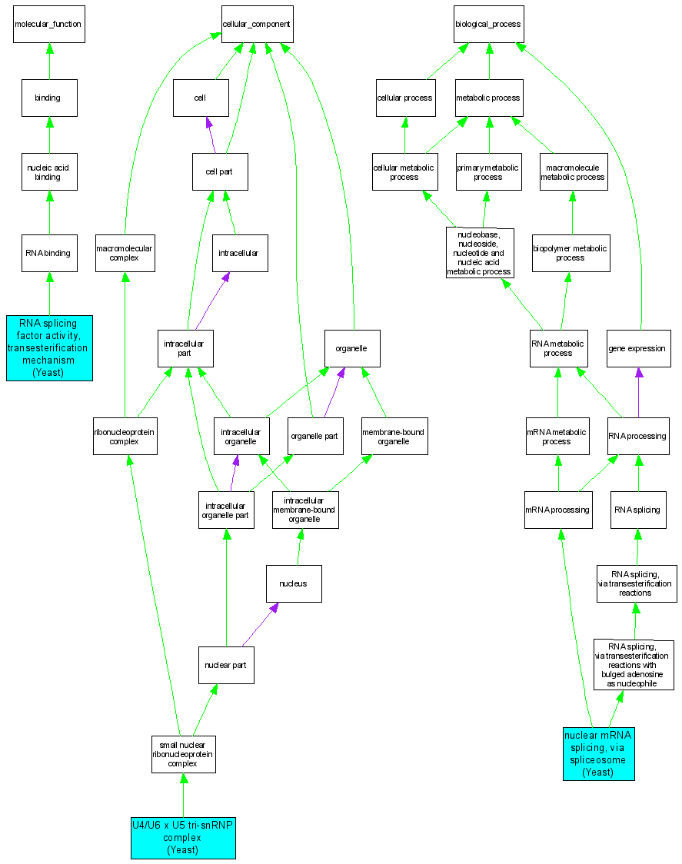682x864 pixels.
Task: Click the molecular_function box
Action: tap(48, 24)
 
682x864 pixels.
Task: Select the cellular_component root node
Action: tap(256, 24)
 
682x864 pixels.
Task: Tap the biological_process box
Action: tap(487, 24)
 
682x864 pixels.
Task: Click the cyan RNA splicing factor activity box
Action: tap(49, 347)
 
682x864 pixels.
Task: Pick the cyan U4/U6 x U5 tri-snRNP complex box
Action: tap(183, 837)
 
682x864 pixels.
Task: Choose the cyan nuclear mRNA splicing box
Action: tap(598, 753)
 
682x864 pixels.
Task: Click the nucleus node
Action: tap(294, 583)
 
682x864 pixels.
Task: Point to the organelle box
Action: tap(352, 348)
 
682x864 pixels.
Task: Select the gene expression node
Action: tap(637, 348)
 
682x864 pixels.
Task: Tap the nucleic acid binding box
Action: tap(49, 171)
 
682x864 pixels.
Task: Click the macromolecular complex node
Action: tap(124, 253)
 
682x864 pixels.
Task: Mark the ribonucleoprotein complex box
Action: tap(125, 436)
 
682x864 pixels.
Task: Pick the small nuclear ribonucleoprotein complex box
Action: tap(183, 754)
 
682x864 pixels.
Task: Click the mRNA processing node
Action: tap(558, 510)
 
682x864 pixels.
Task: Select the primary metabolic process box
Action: tap(488, 171)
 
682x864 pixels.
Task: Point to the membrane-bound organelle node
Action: tap(394, 436)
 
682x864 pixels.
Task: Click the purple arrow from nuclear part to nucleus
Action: tap(258, 625)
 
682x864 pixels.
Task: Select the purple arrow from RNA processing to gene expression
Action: tap(638, 392)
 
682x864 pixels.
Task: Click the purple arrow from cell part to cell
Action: tap(211, 132)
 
